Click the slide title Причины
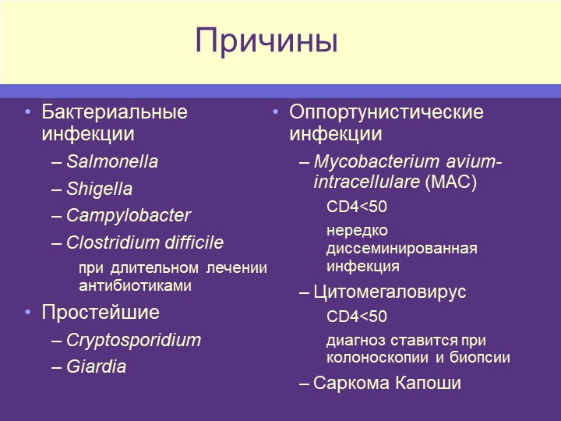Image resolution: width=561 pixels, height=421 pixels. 266,41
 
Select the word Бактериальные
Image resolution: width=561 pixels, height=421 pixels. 115,112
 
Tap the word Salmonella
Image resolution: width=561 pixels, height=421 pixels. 112,161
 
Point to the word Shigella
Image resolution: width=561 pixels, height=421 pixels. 100,189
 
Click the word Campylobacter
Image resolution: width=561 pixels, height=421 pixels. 129,216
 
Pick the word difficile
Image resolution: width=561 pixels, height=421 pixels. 194,242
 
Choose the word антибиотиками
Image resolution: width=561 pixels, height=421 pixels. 136,285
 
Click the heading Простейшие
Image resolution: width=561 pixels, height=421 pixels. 101,312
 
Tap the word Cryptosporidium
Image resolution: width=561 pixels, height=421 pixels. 134,341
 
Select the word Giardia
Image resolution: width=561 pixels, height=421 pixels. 97,366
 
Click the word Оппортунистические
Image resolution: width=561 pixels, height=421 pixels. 386,112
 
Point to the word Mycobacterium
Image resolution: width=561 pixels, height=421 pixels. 376,162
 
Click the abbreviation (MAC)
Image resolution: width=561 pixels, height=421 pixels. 451,182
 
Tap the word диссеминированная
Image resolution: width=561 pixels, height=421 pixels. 402,249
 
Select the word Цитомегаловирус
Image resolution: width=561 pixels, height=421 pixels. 390,292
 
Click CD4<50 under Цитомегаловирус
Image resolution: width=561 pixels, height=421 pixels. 357,317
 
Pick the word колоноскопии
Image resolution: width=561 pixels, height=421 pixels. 378,358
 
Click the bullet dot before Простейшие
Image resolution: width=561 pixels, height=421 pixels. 28,313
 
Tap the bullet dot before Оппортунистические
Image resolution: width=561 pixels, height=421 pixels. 276,112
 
